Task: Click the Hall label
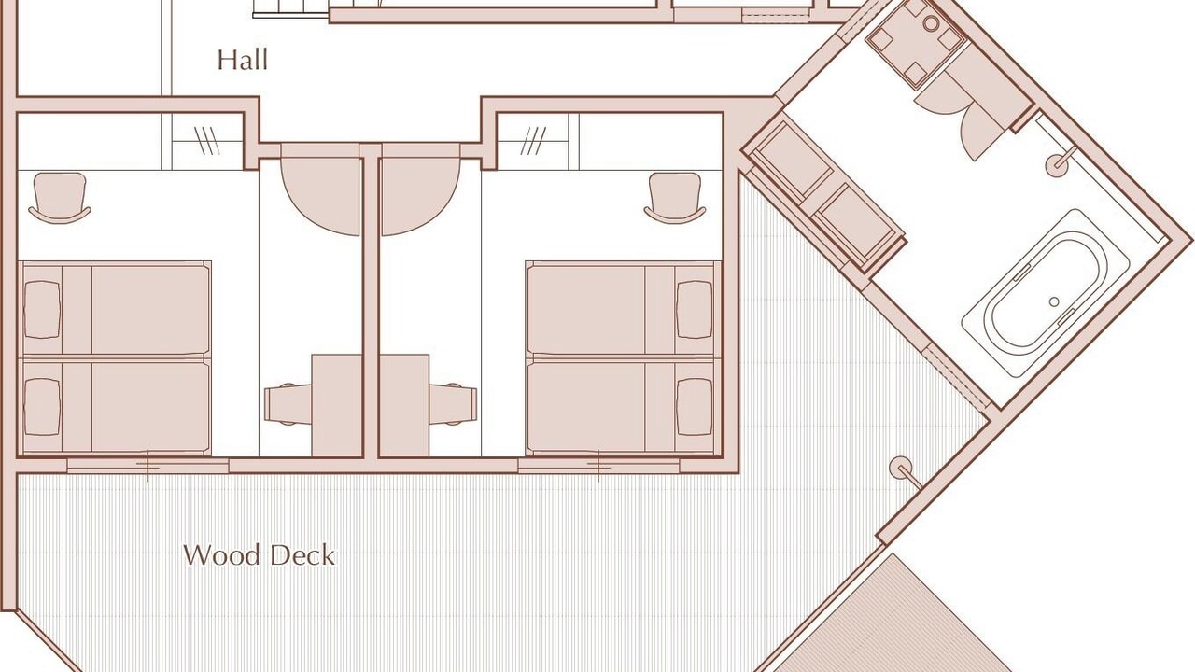point(242,60)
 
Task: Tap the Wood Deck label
point(260,555)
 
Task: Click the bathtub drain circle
point(1054,301)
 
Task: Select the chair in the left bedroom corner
point(60,197)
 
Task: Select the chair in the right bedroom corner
point(675,197)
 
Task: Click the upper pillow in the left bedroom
point(42,310)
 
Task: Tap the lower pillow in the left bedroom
point(42,407)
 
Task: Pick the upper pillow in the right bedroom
point(695,310)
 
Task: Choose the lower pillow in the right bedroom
point(695,407)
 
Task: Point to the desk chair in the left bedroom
point(288,404)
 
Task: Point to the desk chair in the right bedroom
point(453,404)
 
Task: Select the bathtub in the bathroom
point(1046,293)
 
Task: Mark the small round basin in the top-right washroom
point(931,23)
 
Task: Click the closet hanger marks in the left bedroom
point(207,141)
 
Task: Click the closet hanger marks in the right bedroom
point(533,141)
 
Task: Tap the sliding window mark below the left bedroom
point(148,466)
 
